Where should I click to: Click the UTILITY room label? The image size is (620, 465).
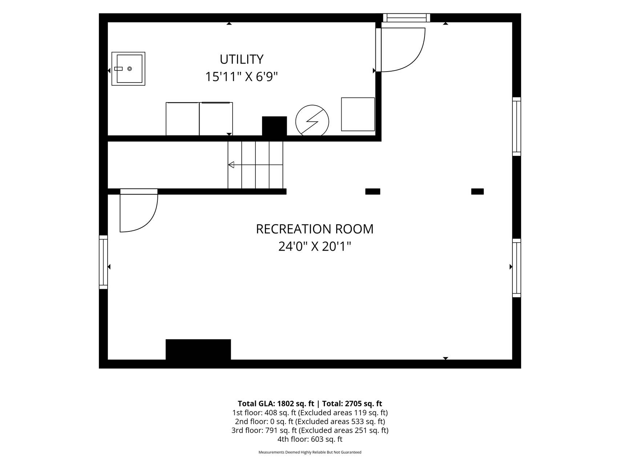pyautogui.click(x=241, y=59)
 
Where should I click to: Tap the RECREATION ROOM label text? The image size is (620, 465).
pyautogui.click(x=315, y=229)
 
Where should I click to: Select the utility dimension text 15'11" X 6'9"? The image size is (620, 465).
pyautogui.click(x=241, y=77)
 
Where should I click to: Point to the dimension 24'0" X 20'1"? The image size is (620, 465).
pyautogui.click(x=315, y=247)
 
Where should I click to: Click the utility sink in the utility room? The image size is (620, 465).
pyautogui.click(x=128, y=69)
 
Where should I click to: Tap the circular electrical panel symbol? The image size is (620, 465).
pyautogui.click(x=312, y=121)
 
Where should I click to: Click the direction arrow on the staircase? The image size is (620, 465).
pyautogui.click(x=255, y=165)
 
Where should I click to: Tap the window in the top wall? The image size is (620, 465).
pyautogui.click(x=406, y=18)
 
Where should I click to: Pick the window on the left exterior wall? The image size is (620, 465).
pyautogui.click(x=104, y=262)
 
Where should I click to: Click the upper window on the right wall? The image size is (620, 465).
pyautogui.click(x=516, y=126)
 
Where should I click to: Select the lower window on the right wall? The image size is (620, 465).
pyautogui.click(x=516, y=268)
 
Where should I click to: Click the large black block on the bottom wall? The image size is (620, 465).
pyautogui.click(x=198, y=349)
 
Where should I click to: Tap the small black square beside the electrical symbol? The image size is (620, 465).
pyautogui.click(x=274, y=126)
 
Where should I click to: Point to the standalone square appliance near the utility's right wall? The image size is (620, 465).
pyautogui.click(x=358, y=114)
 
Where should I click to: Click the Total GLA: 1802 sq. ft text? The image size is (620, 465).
pyautogui.click(x=276, y=404)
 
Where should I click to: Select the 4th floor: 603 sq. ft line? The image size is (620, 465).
pyautogui.click(x=310, y=439)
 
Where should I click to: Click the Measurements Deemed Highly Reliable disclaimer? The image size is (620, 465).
pyautogui.click(x=310, y=452)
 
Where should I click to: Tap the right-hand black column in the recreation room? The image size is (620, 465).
pyautogui.click(x=478, y=191)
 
